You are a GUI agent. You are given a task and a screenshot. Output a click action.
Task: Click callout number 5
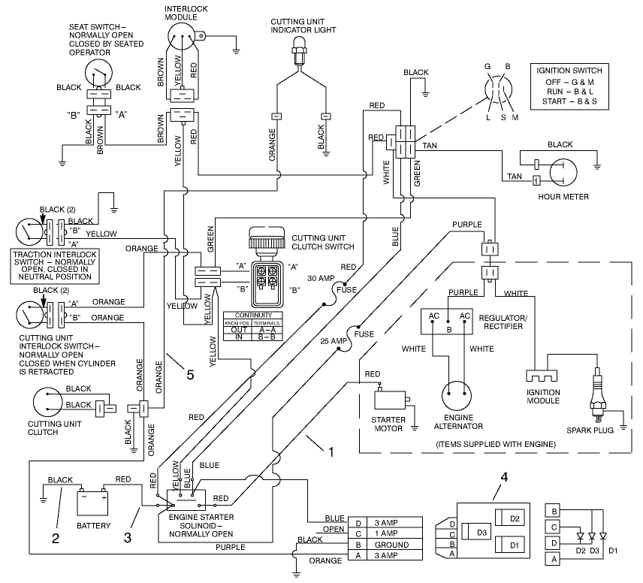click(190, 373)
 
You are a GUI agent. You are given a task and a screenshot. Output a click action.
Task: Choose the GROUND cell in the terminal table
click(391, 545)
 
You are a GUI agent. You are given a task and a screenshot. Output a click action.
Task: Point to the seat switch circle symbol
click(98, 74)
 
